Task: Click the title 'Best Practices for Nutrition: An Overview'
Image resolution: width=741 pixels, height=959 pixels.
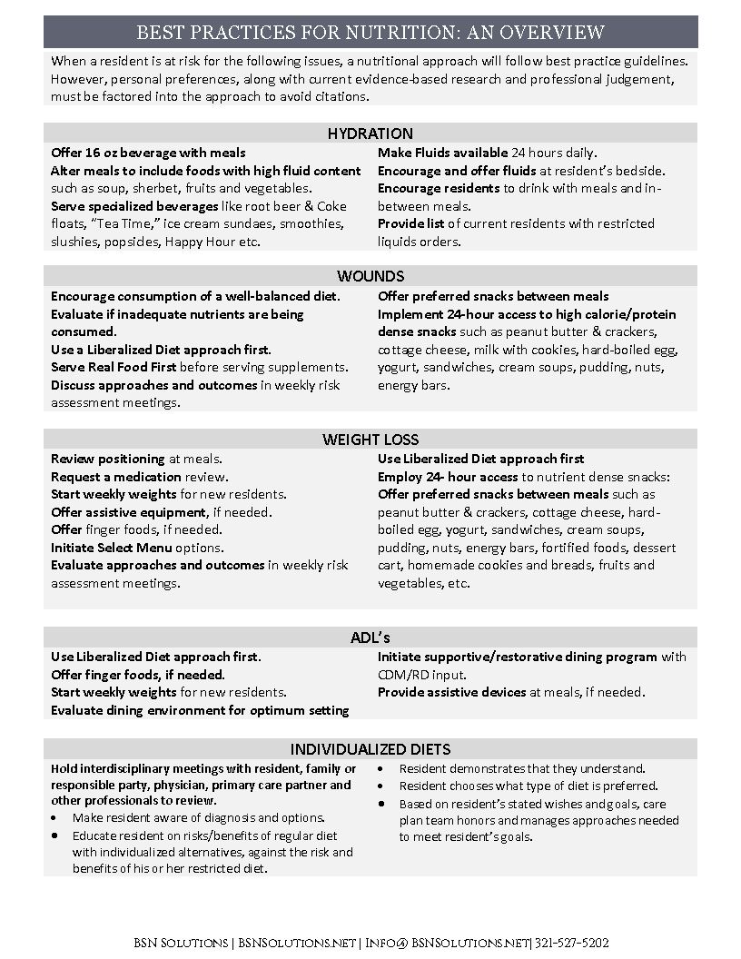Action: [x=370, y=33]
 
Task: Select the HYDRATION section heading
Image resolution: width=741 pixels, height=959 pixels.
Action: [x=370, y=133]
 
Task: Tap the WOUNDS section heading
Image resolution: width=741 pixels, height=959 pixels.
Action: [x=370, y=276]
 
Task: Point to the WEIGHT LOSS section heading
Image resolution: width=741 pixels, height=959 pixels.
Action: [x=370, y=440]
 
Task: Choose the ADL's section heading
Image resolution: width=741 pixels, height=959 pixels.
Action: [x=370, y=638]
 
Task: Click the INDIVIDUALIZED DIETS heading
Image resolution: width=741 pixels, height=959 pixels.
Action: [x=370, y=749]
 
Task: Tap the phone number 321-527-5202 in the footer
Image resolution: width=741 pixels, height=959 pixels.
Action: [x=573, y=944]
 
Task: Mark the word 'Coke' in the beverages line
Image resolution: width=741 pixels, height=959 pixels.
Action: [x=331, y=206]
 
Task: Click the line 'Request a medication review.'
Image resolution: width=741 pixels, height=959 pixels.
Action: [x=139, y=477]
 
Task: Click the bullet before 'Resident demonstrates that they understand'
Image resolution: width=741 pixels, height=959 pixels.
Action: [x=382, y=768]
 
